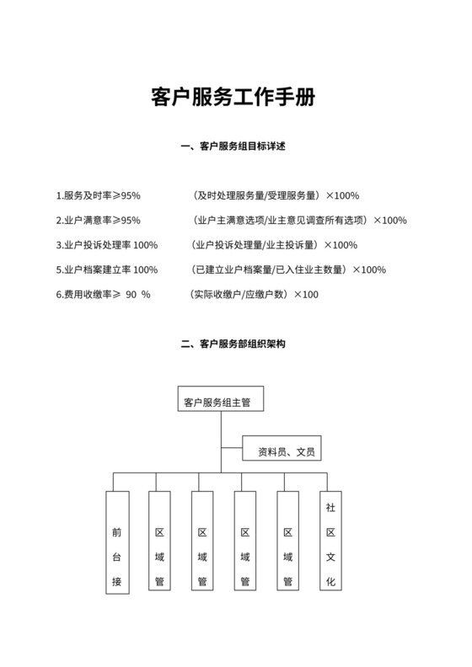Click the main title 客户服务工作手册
point(235,97)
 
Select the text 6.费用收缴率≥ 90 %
point(102,295)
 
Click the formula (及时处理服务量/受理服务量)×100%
point(275,196)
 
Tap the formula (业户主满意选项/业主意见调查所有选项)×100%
point(298,221)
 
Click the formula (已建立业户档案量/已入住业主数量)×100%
point(288,269)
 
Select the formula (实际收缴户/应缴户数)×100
point(254,295)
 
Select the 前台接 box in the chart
point(117,542)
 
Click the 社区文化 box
point(330,542)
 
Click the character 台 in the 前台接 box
point(117,557)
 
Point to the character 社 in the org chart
point(330,509)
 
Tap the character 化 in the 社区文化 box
point(330,581)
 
